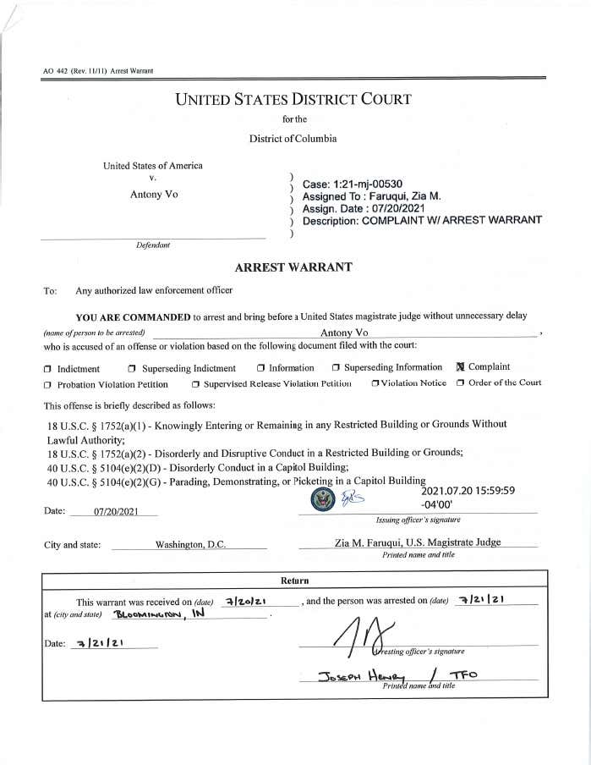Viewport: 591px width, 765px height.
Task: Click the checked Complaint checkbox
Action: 461,367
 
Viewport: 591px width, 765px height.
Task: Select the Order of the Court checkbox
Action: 461,382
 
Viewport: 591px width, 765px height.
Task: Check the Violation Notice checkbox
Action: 375,383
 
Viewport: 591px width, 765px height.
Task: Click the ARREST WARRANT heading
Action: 293,267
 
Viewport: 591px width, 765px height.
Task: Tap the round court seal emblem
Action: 324,500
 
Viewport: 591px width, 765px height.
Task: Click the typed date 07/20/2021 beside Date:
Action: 114,512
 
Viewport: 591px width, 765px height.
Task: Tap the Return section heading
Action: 295,581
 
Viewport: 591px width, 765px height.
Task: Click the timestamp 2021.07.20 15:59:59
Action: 468,490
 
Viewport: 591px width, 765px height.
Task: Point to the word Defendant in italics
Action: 153,245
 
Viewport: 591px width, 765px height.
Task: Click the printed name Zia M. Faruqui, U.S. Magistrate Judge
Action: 418,542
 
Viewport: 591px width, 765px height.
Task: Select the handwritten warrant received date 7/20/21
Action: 247,600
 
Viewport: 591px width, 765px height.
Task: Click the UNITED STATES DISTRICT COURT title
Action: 293,99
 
